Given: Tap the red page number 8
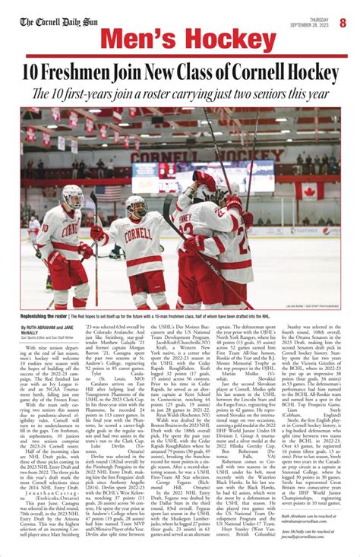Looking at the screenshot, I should (x=343, y=22).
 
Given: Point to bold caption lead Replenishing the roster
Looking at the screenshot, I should (x=44, y=315).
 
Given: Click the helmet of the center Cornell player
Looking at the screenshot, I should (x=136, y=204).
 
